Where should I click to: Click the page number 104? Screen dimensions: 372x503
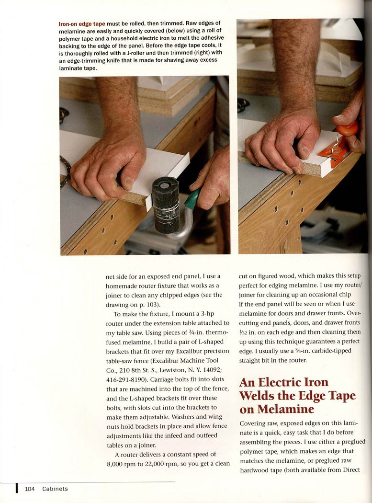point(30,489)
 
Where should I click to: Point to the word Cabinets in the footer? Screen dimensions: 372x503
point(55,489)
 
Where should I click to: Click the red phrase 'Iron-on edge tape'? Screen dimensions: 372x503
point(82,24)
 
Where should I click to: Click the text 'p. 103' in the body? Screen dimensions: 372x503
point(148,305)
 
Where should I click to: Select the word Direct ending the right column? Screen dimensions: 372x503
point(351,470)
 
